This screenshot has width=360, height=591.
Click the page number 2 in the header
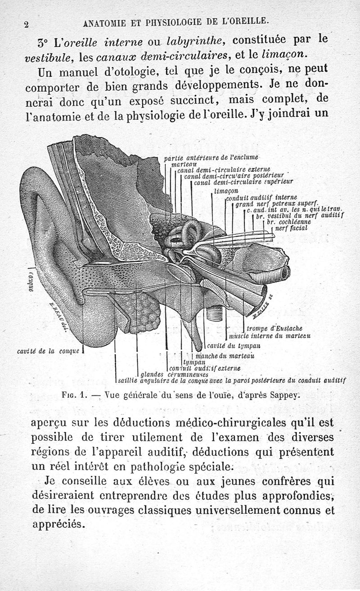(27, 25)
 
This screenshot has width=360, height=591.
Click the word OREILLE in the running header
(249, 20)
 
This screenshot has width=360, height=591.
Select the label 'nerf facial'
(291, 228)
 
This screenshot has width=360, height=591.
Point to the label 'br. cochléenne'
(288, 222)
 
